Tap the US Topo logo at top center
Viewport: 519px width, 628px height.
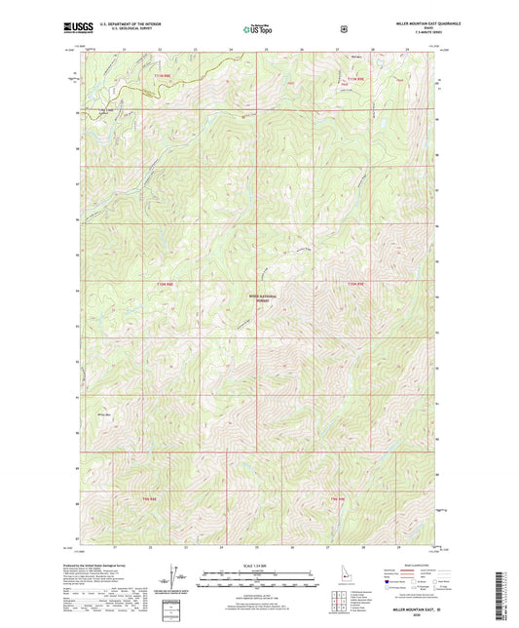[259, 29]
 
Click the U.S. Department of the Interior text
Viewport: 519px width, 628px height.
[130, 25]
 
